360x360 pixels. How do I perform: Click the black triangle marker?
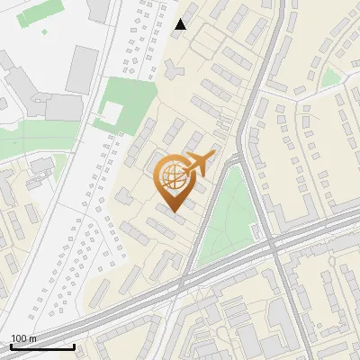pos(181,24)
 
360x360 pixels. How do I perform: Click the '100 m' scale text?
pos(24,338)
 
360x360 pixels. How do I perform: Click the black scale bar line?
pos(42,346)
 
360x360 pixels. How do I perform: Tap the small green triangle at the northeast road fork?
pos(331,78)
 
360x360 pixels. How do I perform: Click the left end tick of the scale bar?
pos(11,346)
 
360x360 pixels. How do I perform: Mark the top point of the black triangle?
pos(181,19)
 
